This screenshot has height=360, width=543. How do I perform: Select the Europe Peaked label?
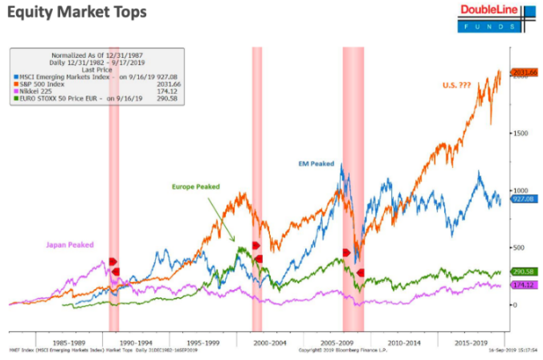tap(195, 186)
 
